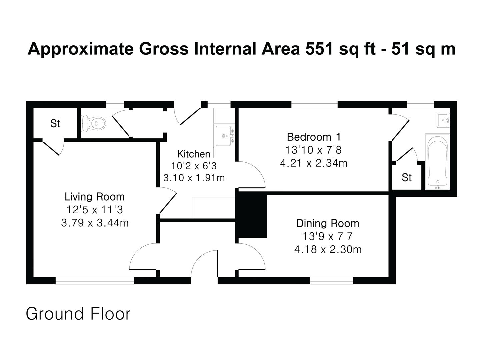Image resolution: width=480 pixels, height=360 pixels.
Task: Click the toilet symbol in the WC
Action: (x=93, y=123)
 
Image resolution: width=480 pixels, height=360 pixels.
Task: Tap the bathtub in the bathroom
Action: (x=437, y=161)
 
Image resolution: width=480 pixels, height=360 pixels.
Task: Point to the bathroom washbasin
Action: (x=443, y=120)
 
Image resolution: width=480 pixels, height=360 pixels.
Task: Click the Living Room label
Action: (x=95, y=197)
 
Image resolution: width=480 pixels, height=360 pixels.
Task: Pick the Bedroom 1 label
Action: (x=314, y=137)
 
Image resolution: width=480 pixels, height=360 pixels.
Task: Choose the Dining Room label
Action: (x=328, y=223)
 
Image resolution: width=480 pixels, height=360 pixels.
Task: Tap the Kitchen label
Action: (x=194, y=154)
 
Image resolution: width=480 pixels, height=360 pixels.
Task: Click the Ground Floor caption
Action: (x=78, y=314)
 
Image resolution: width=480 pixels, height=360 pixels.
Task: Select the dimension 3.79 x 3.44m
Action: (x=95, y=223)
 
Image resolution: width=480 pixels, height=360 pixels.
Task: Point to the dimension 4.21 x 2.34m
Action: (x=314, y=163)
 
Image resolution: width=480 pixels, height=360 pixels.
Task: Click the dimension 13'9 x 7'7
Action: (x=328, y=236)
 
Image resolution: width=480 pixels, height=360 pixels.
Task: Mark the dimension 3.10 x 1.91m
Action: (x=194, y=178)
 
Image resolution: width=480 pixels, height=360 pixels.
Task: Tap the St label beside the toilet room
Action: (x=55, y=123)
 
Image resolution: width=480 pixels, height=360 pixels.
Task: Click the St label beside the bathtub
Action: (x=407, y=177)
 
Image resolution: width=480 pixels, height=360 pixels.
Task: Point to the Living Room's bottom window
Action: (x=95, y=281)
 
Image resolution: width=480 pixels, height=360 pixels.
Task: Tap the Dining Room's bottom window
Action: (x=332, y=281)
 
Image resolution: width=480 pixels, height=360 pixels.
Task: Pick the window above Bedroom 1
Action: (x=314, y=104)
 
